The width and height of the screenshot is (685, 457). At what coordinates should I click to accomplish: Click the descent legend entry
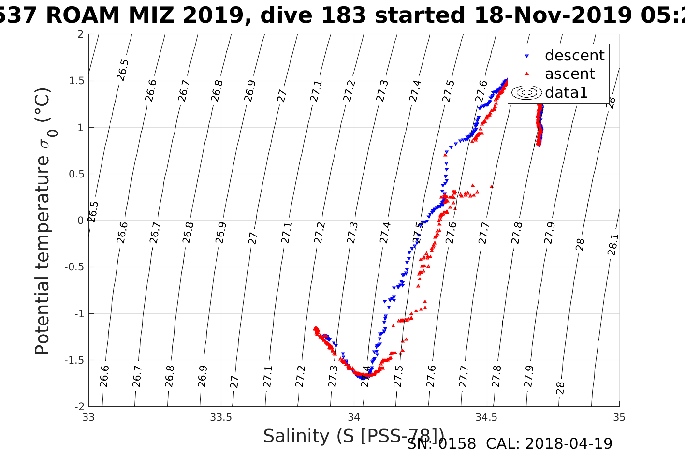574,56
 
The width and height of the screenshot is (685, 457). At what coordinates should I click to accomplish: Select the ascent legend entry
569,74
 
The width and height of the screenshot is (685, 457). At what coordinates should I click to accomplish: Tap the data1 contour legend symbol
527,92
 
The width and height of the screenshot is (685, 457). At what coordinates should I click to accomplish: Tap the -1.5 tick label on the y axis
73,360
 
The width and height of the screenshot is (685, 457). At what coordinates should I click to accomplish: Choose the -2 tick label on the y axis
77,407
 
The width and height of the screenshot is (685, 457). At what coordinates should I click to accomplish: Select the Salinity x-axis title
353,436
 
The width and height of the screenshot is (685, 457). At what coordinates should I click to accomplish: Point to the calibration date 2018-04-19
568,443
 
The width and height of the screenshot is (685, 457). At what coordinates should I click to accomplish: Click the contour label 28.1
612,245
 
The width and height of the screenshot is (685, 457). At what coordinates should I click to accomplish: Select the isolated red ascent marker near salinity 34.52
492,186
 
